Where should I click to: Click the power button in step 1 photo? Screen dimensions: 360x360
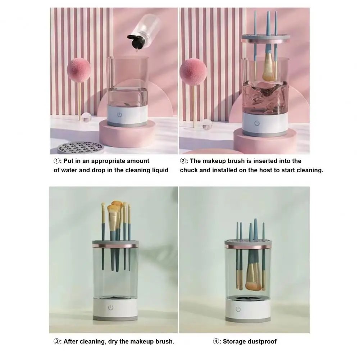click(x=120, y=115)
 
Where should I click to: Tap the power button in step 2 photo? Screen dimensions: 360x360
click(x=257, y=123)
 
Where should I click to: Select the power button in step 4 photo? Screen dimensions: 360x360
click(x=238, y=309)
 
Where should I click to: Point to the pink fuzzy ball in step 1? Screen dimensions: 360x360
click(x=78, y=70)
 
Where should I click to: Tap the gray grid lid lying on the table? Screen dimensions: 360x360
click(x=80, y=147)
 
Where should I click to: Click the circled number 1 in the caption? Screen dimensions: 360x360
click(x=56, y=161)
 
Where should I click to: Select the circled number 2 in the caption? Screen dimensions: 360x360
click(x=183, y=161)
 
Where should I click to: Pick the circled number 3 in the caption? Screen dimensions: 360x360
click(x=56, y=341)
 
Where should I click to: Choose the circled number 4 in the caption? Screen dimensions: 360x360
click(x=216, y=341)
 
